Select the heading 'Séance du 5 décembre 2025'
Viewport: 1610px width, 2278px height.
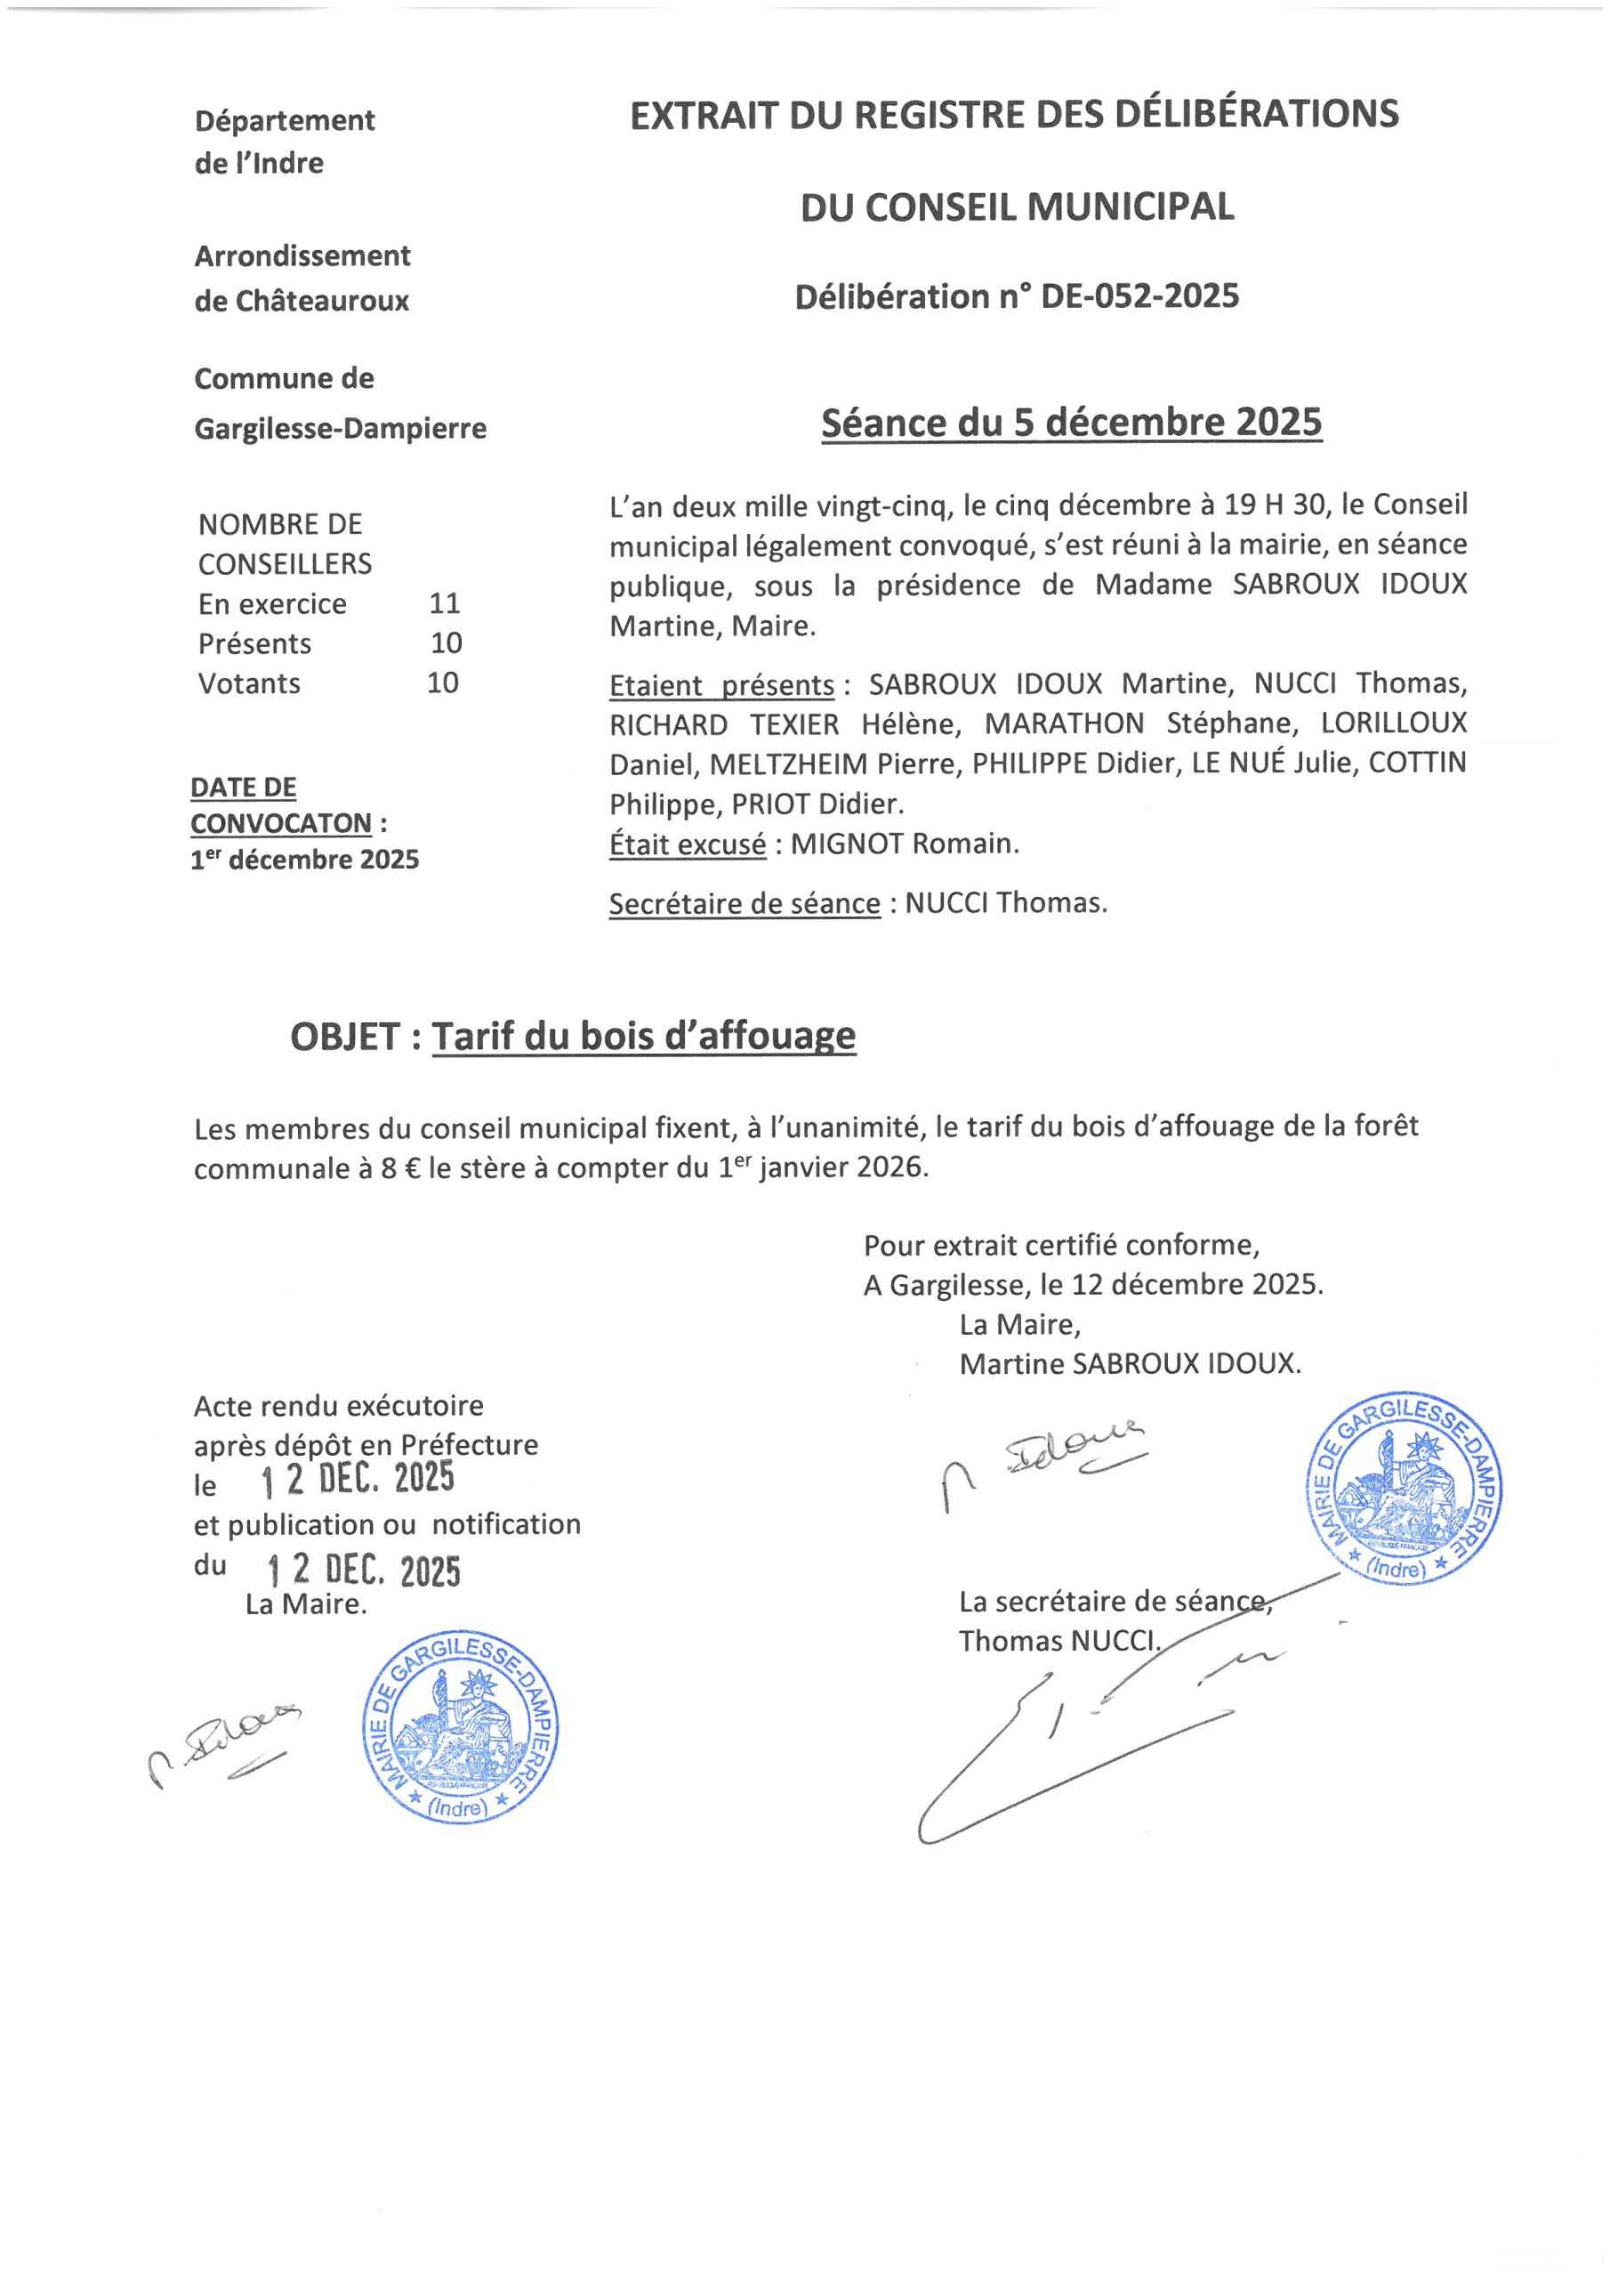pos(1071,424)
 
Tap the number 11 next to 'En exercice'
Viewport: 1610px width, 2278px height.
pos(445,603)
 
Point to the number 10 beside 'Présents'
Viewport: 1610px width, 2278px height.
pos(447,643)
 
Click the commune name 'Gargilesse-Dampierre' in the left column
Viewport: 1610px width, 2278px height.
pos(341,429)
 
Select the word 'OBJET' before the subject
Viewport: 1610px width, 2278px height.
pos(345,1037)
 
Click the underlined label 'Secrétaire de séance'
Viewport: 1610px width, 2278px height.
pos(744,904)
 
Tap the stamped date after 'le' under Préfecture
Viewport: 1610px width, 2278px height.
pos(358,1479)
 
